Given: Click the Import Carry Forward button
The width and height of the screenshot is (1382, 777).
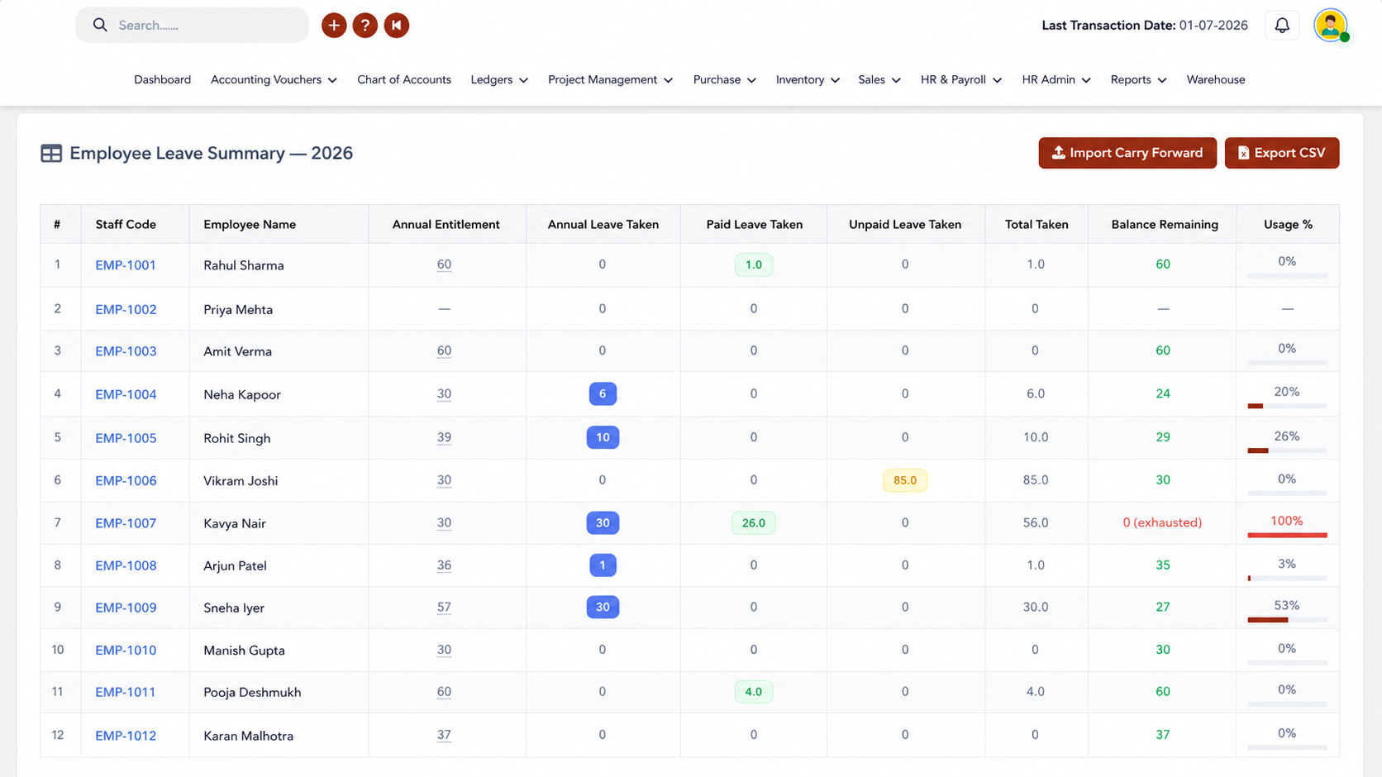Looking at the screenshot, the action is pos(1127,152).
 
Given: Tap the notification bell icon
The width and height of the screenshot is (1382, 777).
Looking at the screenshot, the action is pos(1282,26).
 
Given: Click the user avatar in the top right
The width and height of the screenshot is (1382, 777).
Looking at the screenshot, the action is pos(1331,26).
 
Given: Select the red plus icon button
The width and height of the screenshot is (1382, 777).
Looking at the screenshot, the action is pos(334,26).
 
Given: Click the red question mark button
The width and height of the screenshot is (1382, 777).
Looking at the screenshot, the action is pos(365,26).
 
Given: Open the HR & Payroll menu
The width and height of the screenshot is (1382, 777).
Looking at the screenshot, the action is pos(960,79).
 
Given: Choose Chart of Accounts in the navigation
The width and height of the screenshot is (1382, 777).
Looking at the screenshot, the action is pos(404,79).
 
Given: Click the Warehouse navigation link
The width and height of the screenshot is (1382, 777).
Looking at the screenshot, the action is pos(1215,79).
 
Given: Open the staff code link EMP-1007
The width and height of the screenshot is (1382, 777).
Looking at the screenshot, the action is pos(126,523).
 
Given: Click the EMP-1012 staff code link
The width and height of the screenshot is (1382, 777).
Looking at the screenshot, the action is pos(126,736).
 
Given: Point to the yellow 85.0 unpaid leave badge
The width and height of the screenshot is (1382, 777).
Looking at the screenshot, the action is pos(904,480).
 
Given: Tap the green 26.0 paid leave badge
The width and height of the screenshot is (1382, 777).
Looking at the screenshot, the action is pos(753,522).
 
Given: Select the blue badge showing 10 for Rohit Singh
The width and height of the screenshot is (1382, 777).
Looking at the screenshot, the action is pos(603,437).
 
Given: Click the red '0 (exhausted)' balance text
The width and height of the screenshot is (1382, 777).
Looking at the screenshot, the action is pos(1162,522).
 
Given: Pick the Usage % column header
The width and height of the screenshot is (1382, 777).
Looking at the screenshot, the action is pos(1288,225).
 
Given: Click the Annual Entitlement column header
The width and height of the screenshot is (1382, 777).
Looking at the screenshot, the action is pos(446,225).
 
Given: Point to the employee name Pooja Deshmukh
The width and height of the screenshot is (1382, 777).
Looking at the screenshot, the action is pos(252,693).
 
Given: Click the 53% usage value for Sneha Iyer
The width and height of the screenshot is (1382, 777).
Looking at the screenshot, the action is pos(1286,605).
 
